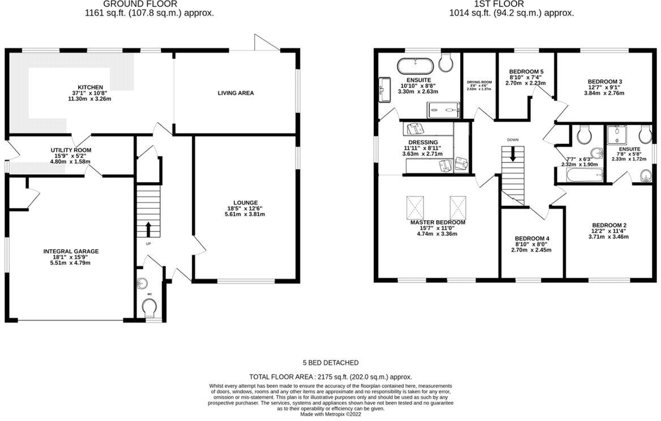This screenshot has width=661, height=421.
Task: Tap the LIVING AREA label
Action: tap(235, 93)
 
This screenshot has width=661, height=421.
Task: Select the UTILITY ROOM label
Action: tap(71, 150)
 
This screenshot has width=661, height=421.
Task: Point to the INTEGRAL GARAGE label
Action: tap(71, 251)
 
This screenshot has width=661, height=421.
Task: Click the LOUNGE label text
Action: tap(246, 203)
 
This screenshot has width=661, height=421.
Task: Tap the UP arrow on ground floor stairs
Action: tap(149, 229)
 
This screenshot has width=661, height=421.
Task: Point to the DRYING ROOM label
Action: tap(479, 82)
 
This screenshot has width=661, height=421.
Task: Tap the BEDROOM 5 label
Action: tap(526, 71)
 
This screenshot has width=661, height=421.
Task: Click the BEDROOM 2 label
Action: tap(608, 225)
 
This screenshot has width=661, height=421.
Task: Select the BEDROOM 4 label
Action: tap(531, 238)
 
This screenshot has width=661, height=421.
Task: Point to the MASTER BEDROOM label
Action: tap(437, 222)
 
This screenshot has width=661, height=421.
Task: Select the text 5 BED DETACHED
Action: tap(330, 363)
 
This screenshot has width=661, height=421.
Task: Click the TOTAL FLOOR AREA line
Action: tap(330, 376)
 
